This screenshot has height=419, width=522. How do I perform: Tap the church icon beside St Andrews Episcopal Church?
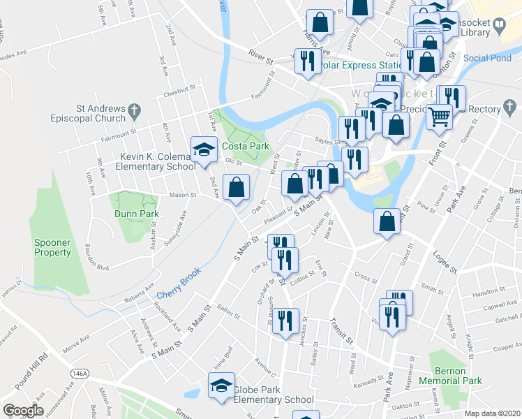(135, 110)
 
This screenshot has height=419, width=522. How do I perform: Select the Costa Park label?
(245, 147)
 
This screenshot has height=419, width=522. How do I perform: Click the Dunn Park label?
(134, 214)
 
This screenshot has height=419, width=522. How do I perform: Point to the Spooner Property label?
(52, 247)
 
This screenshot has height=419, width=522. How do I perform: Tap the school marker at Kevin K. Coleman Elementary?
(203, 151)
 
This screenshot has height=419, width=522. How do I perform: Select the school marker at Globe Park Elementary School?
(221, 385)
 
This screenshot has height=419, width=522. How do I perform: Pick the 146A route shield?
(82, 374)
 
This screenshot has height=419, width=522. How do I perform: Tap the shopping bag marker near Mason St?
(237, 187)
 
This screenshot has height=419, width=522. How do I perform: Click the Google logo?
(22, 411)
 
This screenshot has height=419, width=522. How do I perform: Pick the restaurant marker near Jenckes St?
(286, 322)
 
